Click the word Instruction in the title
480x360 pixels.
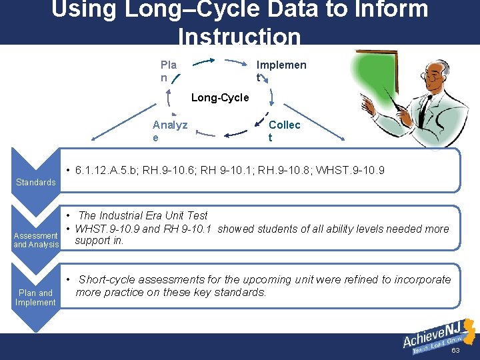pos(240,36)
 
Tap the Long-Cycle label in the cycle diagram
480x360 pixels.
pos(220,98)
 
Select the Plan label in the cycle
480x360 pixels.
pos(169,71)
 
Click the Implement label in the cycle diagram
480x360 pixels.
pos(281,71)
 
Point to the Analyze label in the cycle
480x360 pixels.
pos(170,131)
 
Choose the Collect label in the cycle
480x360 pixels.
pos(284,131)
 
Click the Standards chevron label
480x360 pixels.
pos(36,182)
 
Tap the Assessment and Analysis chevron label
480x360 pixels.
pos(36,240)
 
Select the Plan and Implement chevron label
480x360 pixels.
pos(36,297)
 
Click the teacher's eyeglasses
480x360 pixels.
pos(434,78)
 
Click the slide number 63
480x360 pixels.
pos(456,350)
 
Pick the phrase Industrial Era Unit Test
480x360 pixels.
pos(153,215)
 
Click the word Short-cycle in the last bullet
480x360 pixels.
pos(107,279)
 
